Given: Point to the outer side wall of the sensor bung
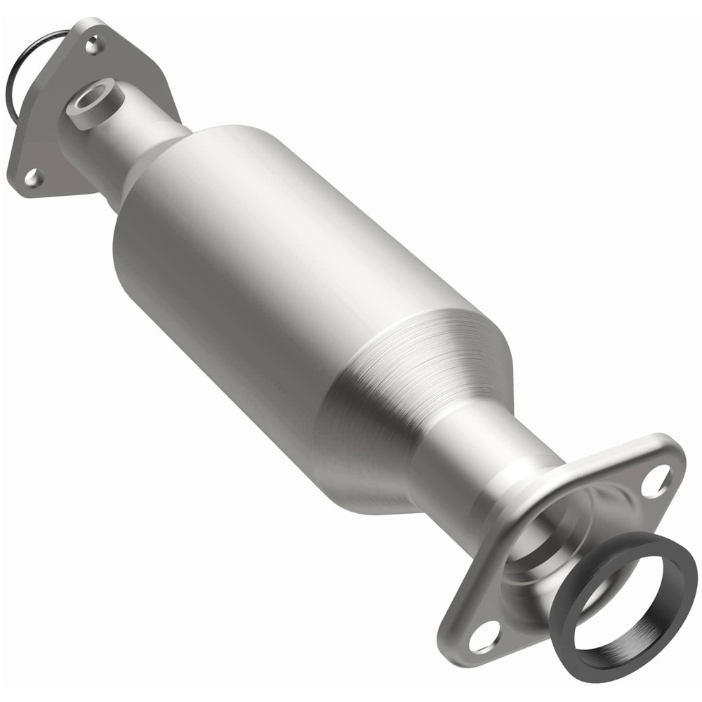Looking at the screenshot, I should click(x=105, y=112).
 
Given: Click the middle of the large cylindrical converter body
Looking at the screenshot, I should click(x=281, y=281).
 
